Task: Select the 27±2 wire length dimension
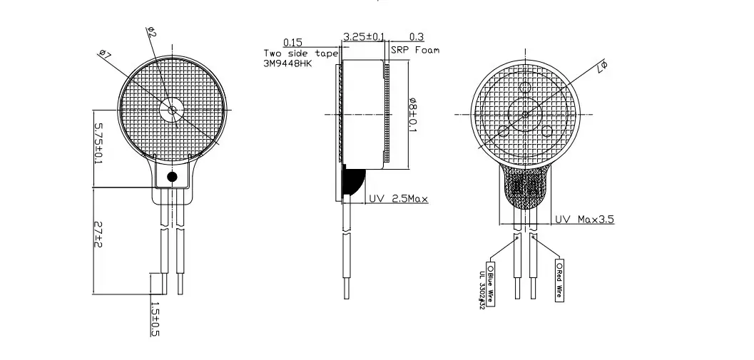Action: tap(98, 236)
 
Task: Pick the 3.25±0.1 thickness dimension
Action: tap(364, 36)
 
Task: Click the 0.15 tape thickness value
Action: tap(292, 42)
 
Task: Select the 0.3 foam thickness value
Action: tap(417, 36)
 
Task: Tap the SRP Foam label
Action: tap(415, 51)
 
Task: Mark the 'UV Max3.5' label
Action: tap(584, 219)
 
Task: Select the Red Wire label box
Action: tap(559, 280)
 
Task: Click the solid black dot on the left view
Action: tap(172, 177)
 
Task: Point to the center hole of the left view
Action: tap(172, 110)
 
